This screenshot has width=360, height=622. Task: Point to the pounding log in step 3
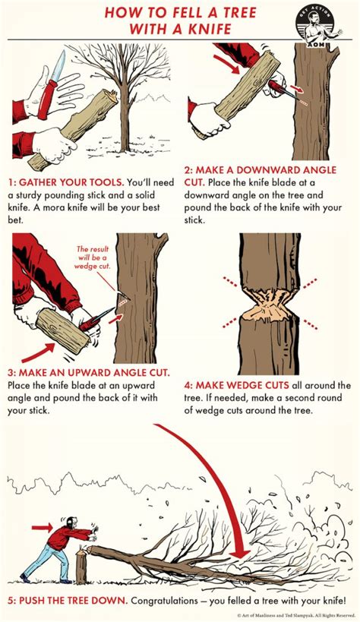(65, 331)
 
